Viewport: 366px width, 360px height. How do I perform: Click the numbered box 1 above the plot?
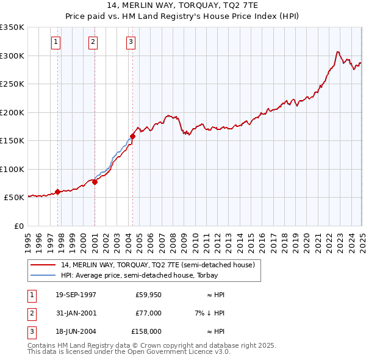point(56,42)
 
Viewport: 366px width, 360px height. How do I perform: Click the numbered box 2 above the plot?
point(93,42)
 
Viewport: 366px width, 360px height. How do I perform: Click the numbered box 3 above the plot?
point(131,42)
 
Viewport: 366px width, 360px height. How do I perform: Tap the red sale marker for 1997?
point(58,192)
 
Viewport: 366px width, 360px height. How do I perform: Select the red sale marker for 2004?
point(132,136)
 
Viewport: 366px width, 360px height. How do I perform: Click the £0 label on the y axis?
point(18,226)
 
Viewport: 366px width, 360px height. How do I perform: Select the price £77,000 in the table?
point(148,314)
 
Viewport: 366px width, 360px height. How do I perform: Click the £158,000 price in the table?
point(146,332)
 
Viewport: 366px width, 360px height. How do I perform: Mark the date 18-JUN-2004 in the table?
point(76,332)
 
